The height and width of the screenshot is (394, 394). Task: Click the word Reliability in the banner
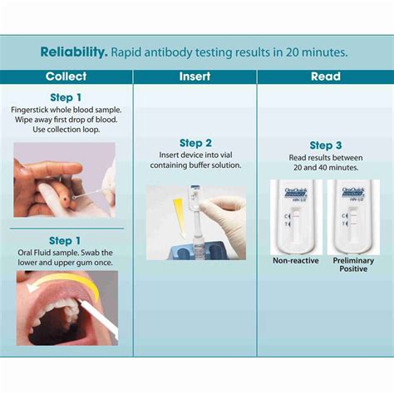(x=72, y=52)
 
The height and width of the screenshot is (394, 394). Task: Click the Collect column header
(x=66, y=76)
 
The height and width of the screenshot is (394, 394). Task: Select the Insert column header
(x=195, y=76)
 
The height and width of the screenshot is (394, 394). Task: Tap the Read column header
(x=325, y=76)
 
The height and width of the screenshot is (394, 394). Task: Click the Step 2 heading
(x=195, y=142)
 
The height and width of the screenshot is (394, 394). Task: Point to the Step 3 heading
(x=326, y=145)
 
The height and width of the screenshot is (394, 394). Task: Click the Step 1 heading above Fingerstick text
(x=66, y=97)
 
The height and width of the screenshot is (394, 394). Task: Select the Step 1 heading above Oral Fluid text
(x=66, y=240)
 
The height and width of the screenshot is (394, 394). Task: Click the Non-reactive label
(x=294, y=261)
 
